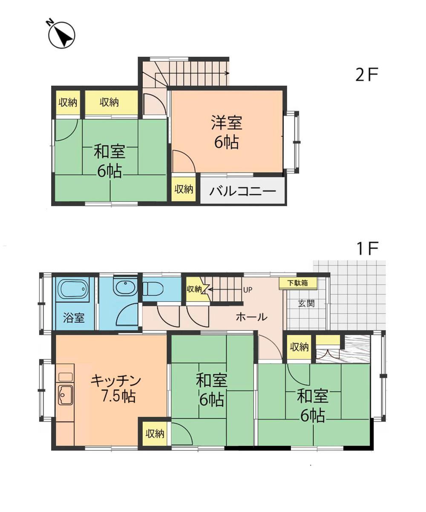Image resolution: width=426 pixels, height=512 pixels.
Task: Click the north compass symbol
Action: pyautogui.click(x=61, y=35)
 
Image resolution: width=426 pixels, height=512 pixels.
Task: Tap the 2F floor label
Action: pyautogui.click(x=367, y=75)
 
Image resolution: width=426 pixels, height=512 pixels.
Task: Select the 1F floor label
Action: pyautogui.click(x=367, y=249)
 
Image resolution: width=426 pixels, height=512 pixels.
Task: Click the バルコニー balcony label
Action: pyautogui.click(x=242, y=191)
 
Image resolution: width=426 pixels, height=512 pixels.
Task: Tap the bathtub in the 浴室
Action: pyautogui.click(x=74, y=289)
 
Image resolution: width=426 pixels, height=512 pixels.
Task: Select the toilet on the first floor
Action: pyautogui.click(x=153, y=289)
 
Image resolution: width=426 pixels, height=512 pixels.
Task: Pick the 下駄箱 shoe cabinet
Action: pyautogui.click(x=298, y=283)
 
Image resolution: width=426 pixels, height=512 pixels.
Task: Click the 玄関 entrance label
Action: pyautogui.click(x=306, y=304)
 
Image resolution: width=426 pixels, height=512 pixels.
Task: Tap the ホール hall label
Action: pyautogui.click(x=251, y=317)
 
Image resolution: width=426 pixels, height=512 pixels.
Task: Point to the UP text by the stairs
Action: pyautogui.click(x=248, y=290)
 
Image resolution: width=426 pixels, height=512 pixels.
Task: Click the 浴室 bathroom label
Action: pyautogui.click(x=74, y=318)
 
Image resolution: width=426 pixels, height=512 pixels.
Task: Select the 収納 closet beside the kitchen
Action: pyautogui.click(x=155, y=434)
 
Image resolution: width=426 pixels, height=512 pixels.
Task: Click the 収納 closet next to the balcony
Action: pyautogui.click(x=184, y=189)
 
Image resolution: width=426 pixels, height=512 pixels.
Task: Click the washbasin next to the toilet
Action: pyautogui.click(x=124, y=287)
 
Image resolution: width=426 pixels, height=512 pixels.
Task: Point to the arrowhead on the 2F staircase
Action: pyautogui.click(x=227, y=73)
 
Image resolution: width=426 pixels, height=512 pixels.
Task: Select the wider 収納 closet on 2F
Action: pyautogui.click(x=109, y=102)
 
